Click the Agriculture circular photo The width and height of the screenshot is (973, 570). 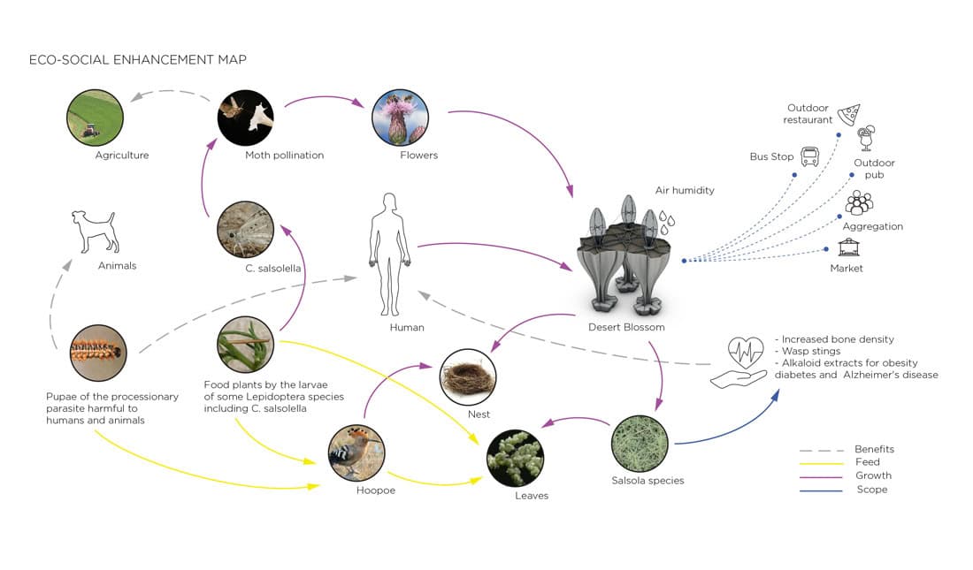[x=95, y=118]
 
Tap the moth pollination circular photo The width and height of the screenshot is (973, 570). [x=245, y=118]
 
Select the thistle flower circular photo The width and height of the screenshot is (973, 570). [x=401, y=118]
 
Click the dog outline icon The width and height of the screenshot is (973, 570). [x=96, y=232]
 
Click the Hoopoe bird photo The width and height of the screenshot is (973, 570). [x=356, y=452]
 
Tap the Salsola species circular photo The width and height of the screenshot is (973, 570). [x=640, y=444]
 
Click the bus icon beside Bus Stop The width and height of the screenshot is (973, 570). [x=809, y=157]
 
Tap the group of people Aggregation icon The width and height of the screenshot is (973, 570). [x=858, y=203]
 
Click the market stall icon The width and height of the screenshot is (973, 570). [x=849, y=247]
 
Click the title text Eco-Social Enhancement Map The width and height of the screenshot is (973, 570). [x=138, y=60]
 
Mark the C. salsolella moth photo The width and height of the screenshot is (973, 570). [x=245, y=230]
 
